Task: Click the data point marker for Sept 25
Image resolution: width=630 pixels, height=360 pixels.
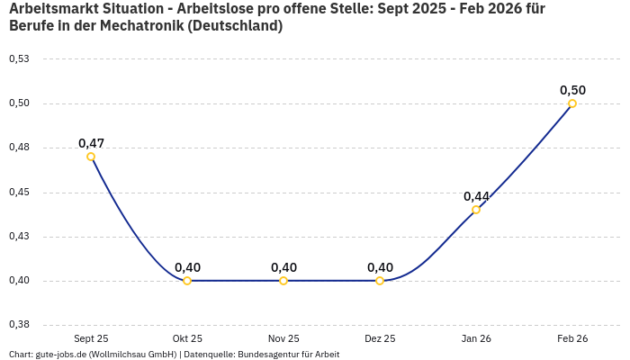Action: click(x=91, y=157)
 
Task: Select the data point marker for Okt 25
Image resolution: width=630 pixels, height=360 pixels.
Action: click(x=187, y=281)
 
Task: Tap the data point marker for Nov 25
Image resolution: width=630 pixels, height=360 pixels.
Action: click(x=283, y=281)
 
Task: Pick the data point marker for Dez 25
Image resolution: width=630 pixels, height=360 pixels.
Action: click(x=380, y=281)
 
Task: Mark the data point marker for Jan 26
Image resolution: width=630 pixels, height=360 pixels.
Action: click(x=476, y=210)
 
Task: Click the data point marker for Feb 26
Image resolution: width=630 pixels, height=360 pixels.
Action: click(x=572, y=103)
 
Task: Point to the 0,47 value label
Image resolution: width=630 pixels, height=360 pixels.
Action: click(x=91, y=143)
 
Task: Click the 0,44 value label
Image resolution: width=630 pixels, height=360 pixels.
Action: click(x=476, y=196)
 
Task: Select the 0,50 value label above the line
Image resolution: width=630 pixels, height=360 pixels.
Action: click(x=572, y=90)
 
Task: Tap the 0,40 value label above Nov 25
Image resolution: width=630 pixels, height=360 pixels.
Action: click(x=283, y=267)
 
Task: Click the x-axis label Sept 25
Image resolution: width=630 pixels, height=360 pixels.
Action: click(x=91, y=338)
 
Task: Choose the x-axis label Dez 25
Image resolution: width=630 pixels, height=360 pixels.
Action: click(x=380, y=338)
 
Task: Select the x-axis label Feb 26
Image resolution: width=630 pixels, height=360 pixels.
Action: click(x=572, y=338)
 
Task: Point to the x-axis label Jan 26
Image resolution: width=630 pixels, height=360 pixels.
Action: click(x=476, y=338)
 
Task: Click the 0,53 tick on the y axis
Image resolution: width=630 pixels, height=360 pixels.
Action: click(x=19, y=59)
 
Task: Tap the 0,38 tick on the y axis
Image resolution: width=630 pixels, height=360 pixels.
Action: click(x=19, y=325)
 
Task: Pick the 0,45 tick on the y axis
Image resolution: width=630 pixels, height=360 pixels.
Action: click(x=19, y=193)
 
